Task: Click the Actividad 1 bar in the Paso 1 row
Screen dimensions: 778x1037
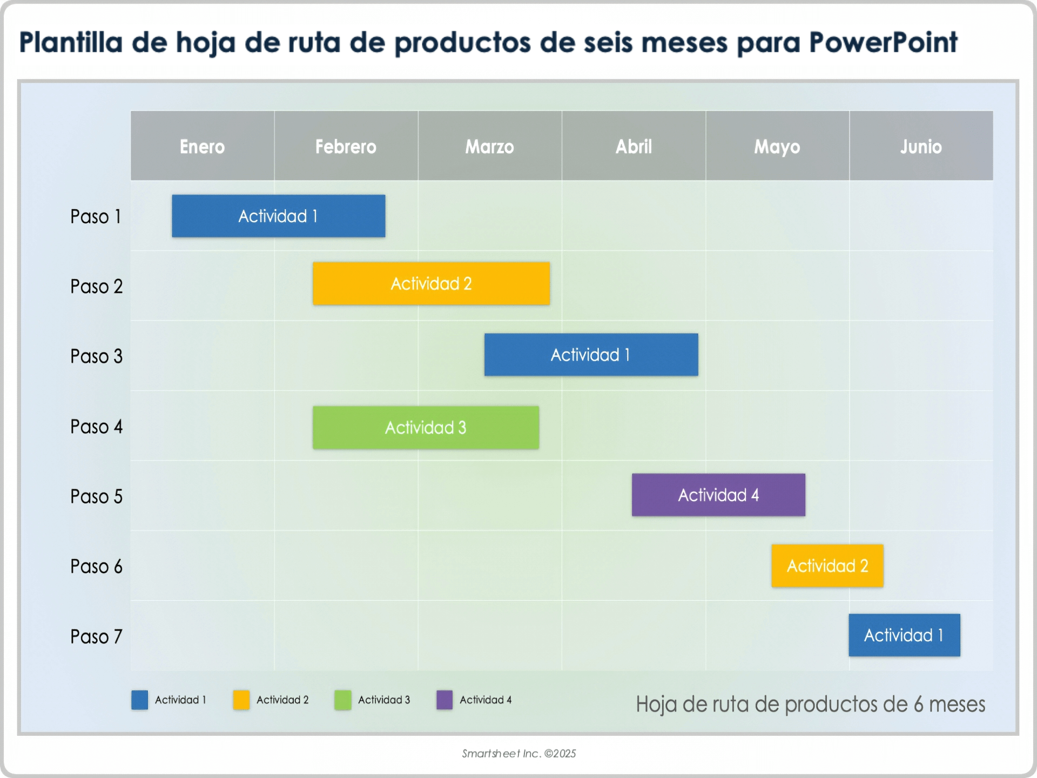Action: (278, 216)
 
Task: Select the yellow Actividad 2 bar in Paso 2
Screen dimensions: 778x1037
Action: (431, 284)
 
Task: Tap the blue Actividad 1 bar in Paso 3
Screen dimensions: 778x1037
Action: (591, 355)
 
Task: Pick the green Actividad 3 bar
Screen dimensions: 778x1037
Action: (426, 427)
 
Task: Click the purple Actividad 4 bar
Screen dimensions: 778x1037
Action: (718, 495)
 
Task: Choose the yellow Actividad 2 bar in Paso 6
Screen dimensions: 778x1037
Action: (827, 566)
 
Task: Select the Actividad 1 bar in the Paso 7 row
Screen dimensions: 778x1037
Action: (904, 635)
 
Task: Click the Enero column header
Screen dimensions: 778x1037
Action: (202, 146)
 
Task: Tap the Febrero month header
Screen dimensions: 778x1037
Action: (346, 146)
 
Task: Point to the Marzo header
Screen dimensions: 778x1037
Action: (489, 146)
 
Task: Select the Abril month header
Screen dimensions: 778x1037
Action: (634, 146)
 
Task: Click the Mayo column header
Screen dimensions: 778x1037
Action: (777, 146)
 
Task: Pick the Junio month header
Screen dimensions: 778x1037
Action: (921, 146)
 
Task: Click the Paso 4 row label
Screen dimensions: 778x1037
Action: (96, 427)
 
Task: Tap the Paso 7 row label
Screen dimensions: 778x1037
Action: (96, 636)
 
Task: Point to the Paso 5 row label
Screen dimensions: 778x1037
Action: (96, 497)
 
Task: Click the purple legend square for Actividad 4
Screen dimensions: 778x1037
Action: (444, 700)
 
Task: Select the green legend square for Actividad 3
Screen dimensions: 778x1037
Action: (342, 700)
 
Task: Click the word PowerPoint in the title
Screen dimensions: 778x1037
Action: (883, 43)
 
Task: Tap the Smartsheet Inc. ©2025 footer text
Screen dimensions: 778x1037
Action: (518, 754)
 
